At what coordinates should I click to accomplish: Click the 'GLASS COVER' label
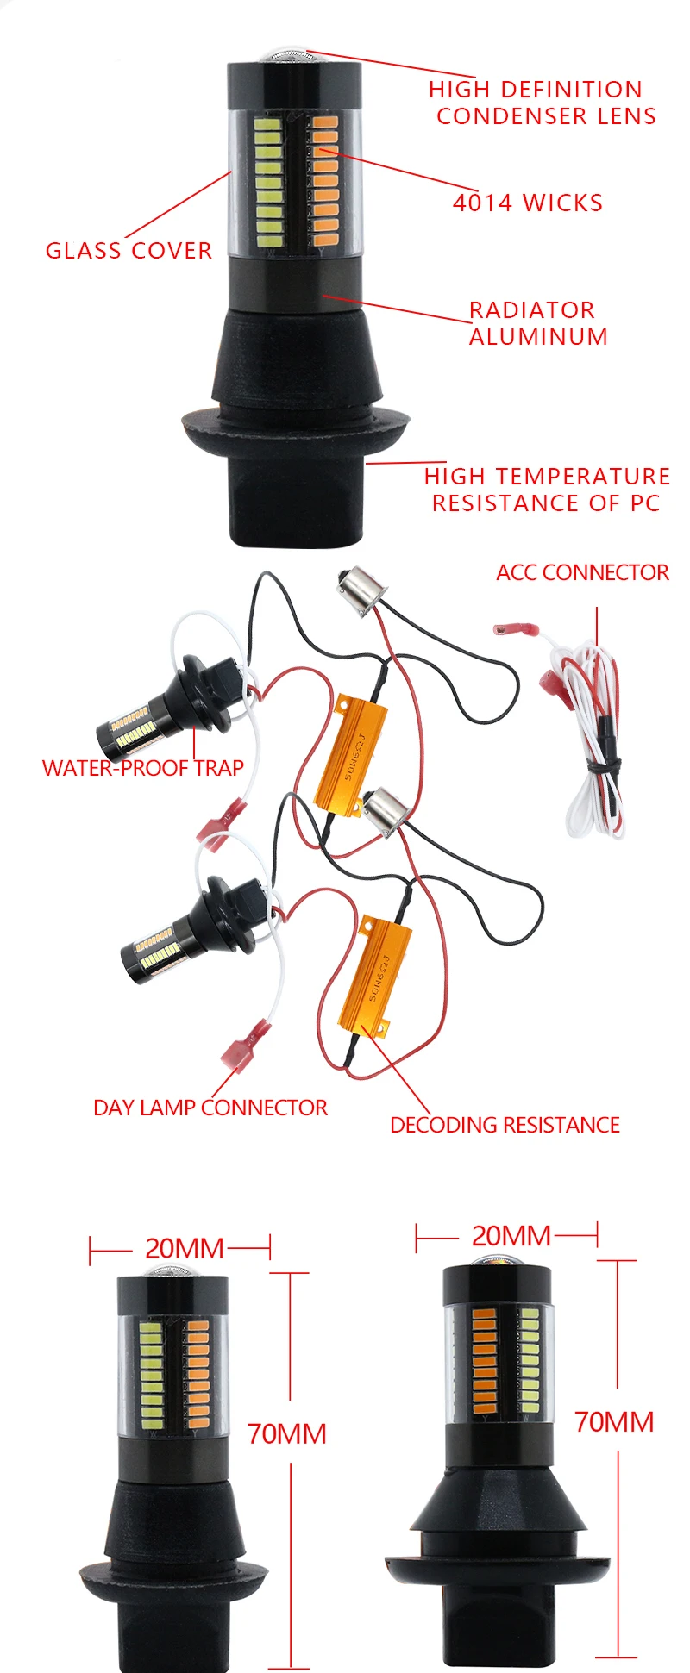click(x=129, y=251)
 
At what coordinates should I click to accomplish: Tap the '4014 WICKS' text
click(x=528, y=203)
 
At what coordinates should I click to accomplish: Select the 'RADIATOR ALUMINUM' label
click(x=538, y=323)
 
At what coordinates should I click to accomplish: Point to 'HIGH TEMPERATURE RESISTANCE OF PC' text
click(x=547, y=490)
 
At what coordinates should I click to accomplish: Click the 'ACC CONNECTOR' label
click(x=582, y=572)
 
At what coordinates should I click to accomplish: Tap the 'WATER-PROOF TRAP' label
click(x=142, y=767)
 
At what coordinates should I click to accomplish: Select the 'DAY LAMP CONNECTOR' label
click(x=210, y=1108)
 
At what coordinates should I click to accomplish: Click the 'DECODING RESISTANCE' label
click(x=505, y=1125)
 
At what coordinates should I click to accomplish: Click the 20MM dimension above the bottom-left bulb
click(x=184, y=1248)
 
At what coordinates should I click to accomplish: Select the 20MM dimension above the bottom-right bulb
click(x=511, y=1236)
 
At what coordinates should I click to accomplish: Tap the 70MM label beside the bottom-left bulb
click(x=286, y=1434)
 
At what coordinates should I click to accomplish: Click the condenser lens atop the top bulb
click(x=287, y=57)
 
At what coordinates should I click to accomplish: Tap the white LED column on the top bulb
click(x=269, y=177)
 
